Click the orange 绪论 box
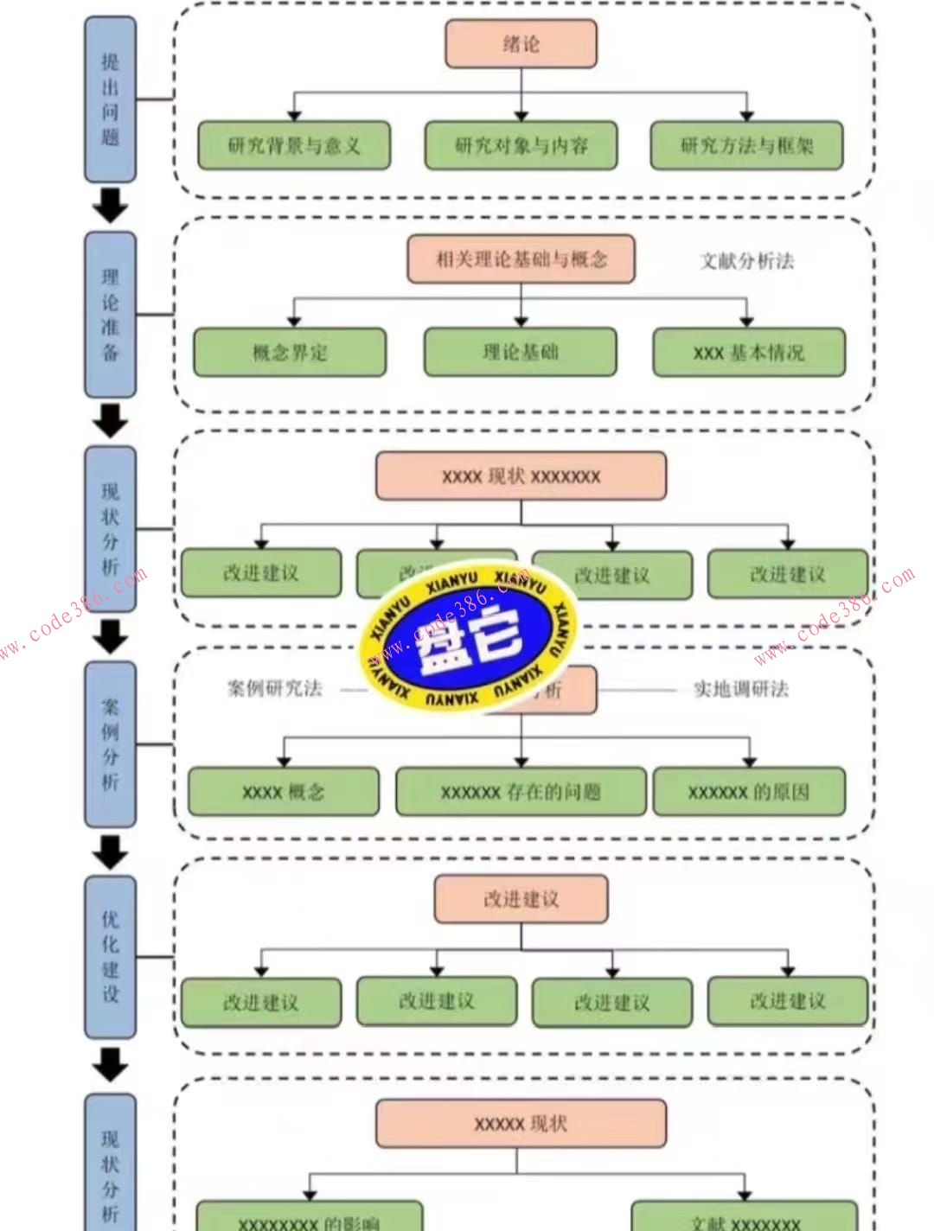(x=521, y=43)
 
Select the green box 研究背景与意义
(x=294, y=145)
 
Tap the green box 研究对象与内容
(x=521, y=145)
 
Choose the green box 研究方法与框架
(x=746, y=145)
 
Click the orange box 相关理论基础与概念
(x=521, y=258)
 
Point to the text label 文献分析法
(x=746, y=261)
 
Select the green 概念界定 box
(x=290, y=352)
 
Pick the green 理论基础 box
(x=520, y=352)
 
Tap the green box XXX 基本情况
(x=749, y=352)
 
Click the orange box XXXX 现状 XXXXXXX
(x=521, y=476)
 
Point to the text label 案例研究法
(x=274, y=689)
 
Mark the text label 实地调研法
(x=741, y=689)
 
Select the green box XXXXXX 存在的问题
(x=521, y=792)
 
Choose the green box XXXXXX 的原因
(x=749, y=792)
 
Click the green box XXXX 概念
(x=284, y=792)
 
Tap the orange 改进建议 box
(x=521, y=899)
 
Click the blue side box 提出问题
(x=110, y=99)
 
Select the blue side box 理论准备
(x=110, y=315)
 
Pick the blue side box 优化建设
(x=110, y=957)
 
